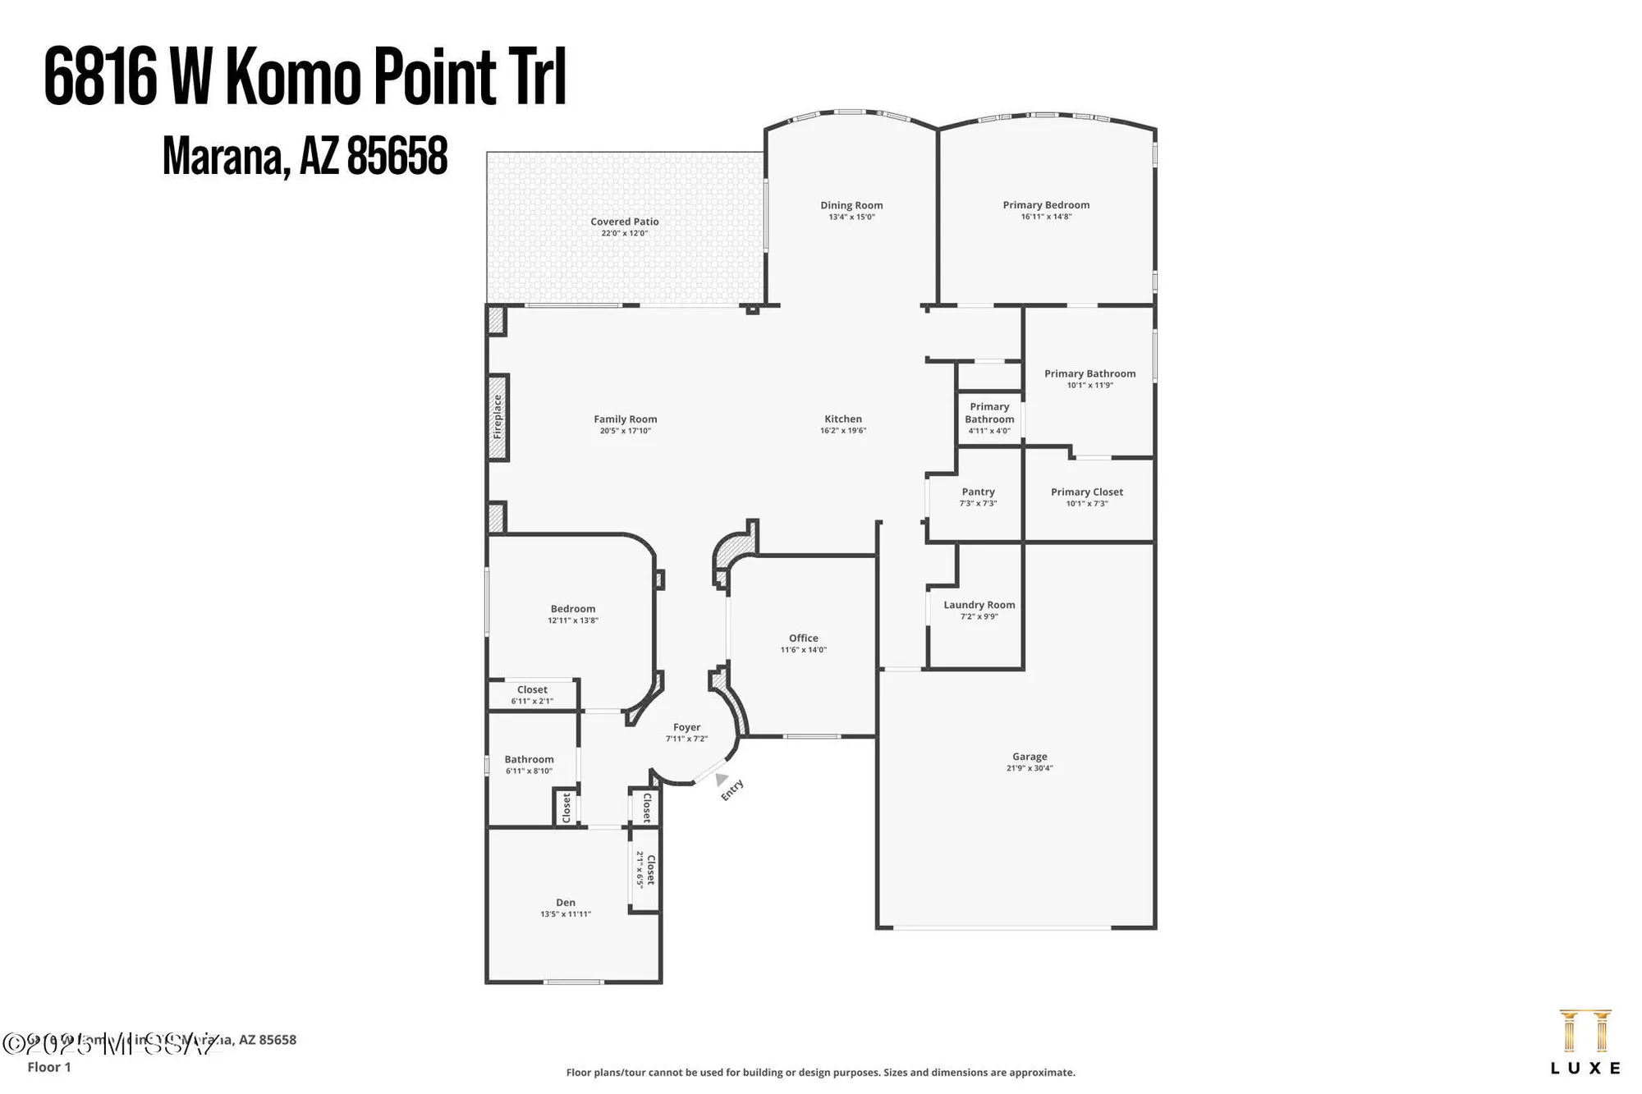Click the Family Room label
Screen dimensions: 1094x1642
(625, 419)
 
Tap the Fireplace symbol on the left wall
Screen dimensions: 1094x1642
(498, 417)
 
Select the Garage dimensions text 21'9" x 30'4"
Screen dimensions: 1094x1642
(1030, 769)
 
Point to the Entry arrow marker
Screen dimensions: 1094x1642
(721, 778)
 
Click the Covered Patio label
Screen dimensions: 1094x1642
(624, 222)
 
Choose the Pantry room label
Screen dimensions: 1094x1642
(978, 492)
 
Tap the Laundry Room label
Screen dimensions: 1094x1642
(979, 605)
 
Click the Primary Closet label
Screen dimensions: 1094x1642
(1086, 492)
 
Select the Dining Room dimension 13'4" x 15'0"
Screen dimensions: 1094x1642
(851, 217)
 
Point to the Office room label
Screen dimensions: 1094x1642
(803, 639)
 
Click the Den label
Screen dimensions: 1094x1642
(566, 903)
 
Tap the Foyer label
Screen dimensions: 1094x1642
(686, 728)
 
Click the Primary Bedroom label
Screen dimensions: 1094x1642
(1046, 205)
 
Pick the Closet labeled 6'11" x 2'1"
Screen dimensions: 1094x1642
(532, 694)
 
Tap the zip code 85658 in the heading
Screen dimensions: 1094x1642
(397, 156)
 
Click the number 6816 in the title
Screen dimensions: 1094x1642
(99, 77)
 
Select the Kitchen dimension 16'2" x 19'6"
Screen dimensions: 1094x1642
(843, 431)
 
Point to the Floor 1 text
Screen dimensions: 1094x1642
(49, 1067)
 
